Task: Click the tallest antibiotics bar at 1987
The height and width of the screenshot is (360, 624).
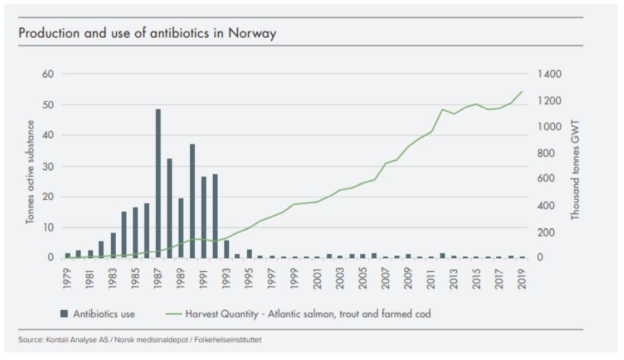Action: coord(158,183)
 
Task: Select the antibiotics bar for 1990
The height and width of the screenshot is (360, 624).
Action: coord(192,201)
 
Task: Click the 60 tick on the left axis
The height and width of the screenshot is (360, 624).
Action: coord(50,74)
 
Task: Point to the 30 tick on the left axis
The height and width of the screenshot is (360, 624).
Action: coord(50,166)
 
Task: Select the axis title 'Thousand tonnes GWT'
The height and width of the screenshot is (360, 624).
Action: coord(576,169)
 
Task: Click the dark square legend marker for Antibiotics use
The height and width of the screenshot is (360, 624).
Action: coord(64,314)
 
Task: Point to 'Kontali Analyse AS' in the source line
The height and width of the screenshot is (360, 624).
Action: coord(75,340)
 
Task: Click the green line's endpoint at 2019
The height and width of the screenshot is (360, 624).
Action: coord(522,91)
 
